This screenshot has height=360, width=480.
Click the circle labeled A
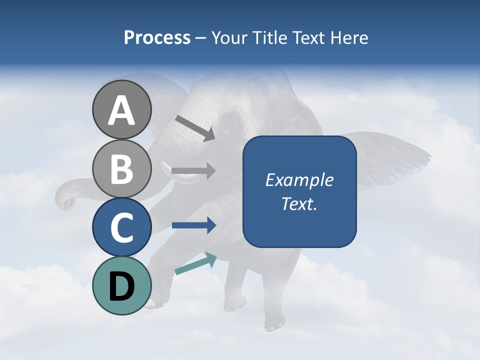click(x=121, y=109)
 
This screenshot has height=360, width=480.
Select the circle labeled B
click(x=121, y=168)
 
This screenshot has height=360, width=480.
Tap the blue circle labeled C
click(x=121, y=227)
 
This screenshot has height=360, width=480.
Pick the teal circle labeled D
click(x=121, y=285)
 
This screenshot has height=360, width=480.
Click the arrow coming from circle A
click(x=195, y=128)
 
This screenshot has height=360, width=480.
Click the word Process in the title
click(x=157, y=38)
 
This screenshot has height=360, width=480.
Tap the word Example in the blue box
click(x=299, y=180)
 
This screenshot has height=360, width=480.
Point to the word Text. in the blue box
click(x=299, y=204)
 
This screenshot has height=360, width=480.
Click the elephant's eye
click(x=233, y=120)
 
